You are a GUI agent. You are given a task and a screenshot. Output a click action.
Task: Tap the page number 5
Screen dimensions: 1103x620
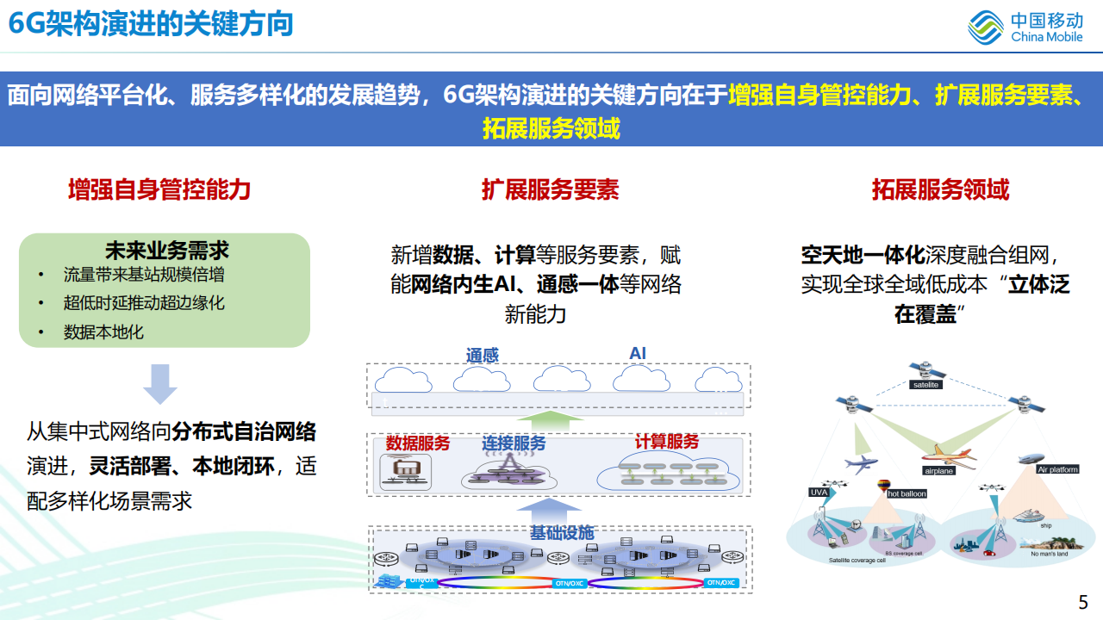click(1083, 602)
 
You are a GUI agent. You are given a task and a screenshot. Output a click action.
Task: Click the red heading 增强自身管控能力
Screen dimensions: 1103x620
click(159, 189)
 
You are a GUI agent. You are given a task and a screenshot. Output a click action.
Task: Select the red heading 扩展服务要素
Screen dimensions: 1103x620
click(550, 189)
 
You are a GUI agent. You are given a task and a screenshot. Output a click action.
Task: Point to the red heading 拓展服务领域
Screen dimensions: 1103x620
click(940, 189)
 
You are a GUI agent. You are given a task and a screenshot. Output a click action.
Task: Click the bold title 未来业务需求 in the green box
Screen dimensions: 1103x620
click(166, 251)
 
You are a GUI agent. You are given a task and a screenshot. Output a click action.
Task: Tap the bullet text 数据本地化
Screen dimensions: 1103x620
click(103, 332)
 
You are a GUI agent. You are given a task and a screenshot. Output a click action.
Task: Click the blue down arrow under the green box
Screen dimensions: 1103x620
click(160, 384)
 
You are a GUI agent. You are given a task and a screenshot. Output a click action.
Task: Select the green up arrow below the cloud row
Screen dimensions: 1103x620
click(551, 421)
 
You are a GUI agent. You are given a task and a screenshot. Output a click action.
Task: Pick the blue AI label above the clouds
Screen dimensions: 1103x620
click(638, 354)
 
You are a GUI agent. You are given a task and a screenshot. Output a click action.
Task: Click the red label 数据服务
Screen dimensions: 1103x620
click(417, 443)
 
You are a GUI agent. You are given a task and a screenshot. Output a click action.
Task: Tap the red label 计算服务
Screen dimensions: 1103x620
click(667, 442)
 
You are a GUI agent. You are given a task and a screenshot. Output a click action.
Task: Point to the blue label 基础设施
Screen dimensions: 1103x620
click(561, 532)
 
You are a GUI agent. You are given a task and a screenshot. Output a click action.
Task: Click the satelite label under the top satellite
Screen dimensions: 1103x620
click(925, 385)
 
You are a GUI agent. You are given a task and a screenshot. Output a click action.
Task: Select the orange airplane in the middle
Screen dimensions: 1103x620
click(947, 456)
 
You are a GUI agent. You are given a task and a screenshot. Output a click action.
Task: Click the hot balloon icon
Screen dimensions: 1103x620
click(882, 487)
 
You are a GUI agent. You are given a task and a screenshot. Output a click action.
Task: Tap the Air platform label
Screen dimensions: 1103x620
click(1057, 469)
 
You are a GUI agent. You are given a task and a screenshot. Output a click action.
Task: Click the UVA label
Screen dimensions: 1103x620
click(819, 492)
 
